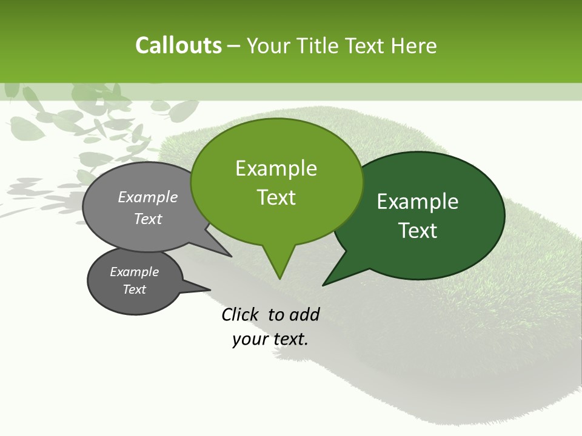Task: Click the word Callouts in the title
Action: click(x=178, y=45)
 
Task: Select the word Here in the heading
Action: click(x=414, y=45)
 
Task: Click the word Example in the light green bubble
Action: click(x=276, y=168)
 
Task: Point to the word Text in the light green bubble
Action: click(x=276, y=197)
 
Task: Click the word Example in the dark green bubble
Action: click(x=418, y=202)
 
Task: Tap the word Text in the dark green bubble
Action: click(x=418, y=231)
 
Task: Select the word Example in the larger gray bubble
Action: click(x=148, y=197)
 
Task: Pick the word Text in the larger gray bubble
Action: click(x=148, y=219)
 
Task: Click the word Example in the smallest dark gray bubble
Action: click(x=134, y=272)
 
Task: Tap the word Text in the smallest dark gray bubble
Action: click(x=134, y=289)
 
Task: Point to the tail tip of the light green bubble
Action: click(x=279, y=277)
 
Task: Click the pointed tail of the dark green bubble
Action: click(x=325, y=283)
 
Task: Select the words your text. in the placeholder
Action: click(x=270, y=339)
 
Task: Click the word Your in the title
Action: click(x=269, y=45)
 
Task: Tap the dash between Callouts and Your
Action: click(x=234, y=45)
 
